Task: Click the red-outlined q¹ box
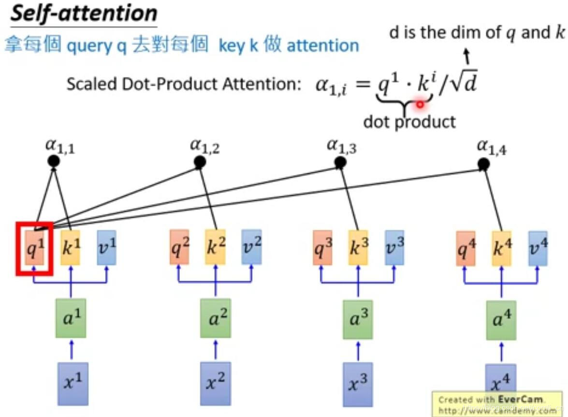click(34, 248)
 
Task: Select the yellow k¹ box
click(71, 247)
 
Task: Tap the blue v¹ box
click(106, 247)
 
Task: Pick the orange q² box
click(179, 247)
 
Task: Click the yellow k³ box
click(358, 247)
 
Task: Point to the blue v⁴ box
click(538, 248)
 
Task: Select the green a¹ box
click(71, 318)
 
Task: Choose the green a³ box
click(358, 319)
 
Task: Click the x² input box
click(215, 383)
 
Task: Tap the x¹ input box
click(73, 383)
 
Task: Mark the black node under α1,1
click(54, 161)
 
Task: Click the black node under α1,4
click(483, 165)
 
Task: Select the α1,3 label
click(341, 146)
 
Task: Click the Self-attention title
click(84, 13)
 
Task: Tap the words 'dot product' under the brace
click(409, 121)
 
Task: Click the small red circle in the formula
click(420, 104)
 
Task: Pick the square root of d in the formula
click(464, 84)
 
